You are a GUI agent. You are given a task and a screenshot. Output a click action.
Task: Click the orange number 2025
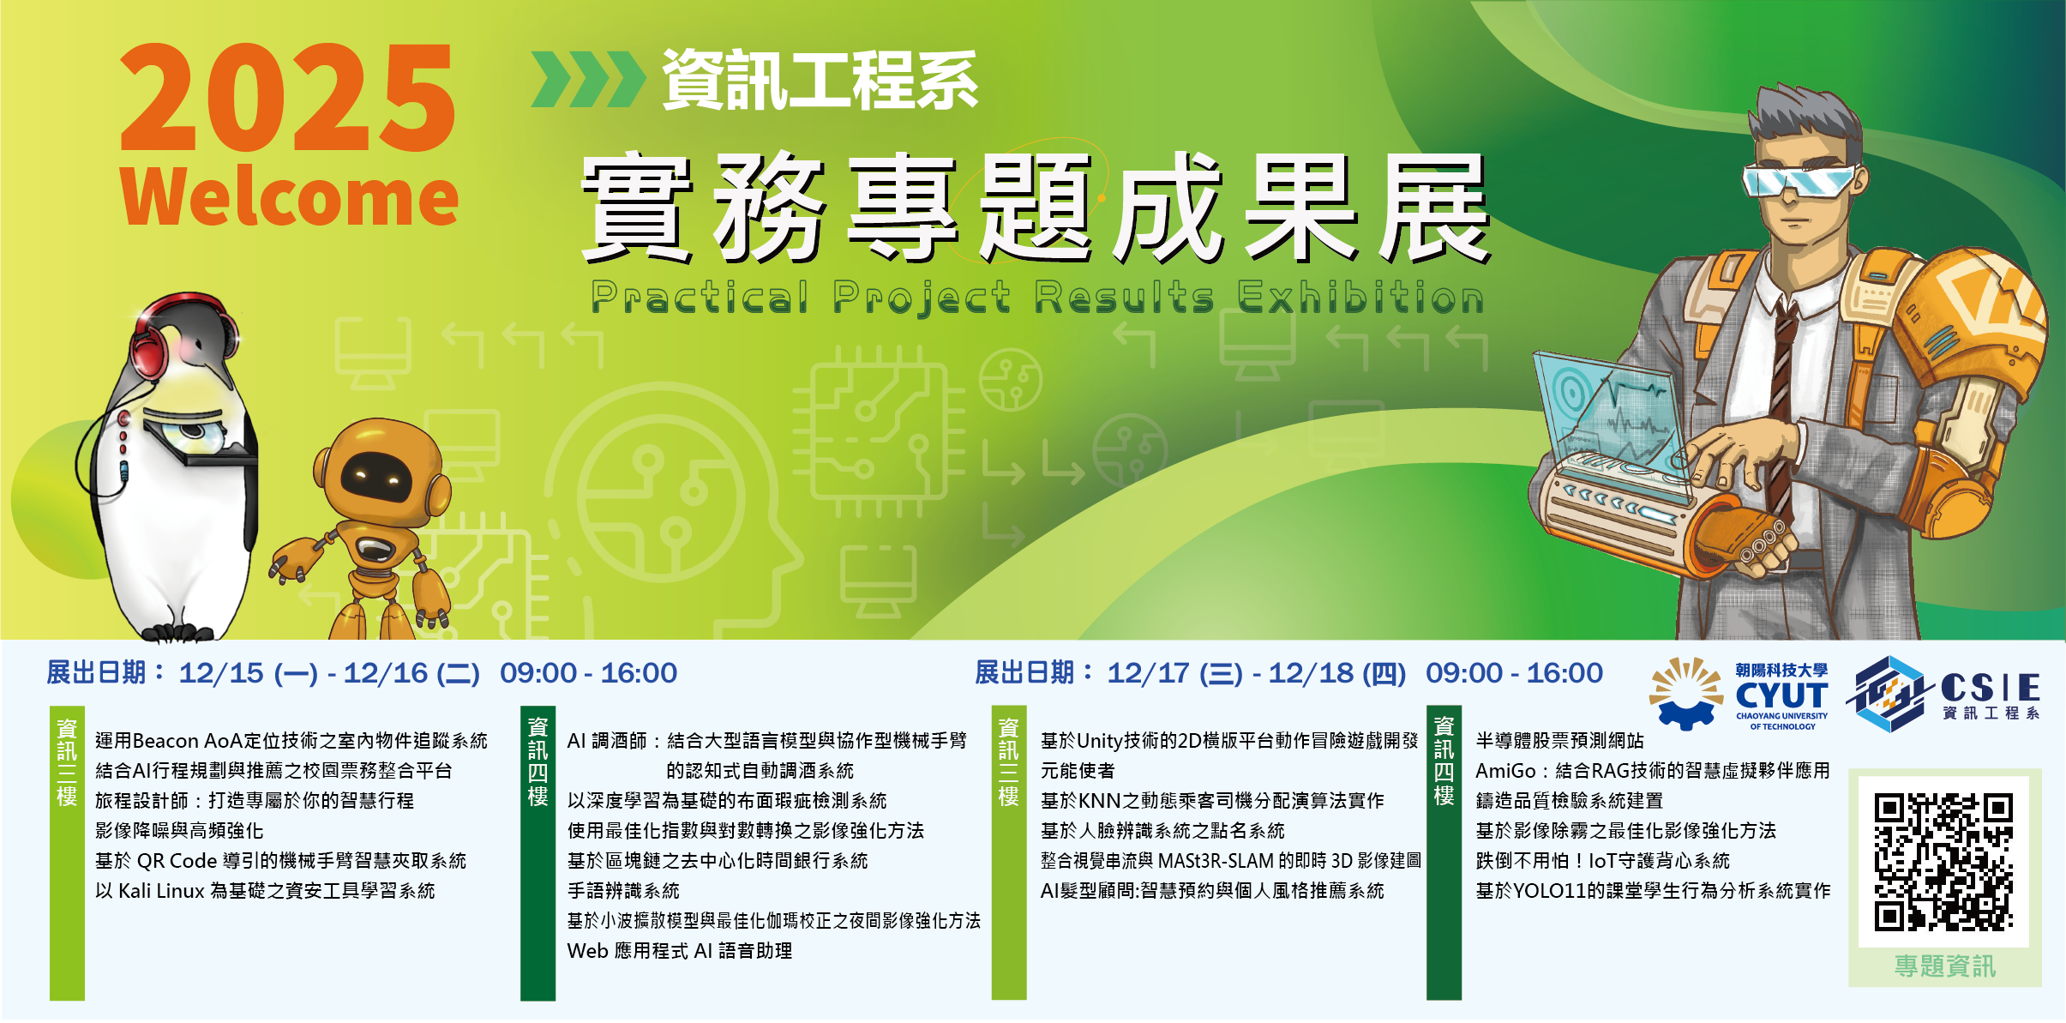tap(288, 98)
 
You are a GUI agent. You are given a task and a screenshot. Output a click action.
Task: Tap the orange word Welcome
tap(290, 196)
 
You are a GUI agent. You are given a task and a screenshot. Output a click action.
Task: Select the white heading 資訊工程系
tap(820, 81)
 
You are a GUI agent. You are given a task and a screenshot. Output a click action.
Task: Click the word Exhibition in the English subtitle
tap(1360, 298)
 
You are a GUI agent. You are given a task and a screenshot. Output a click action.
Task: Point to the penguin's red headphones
tap(184, 330)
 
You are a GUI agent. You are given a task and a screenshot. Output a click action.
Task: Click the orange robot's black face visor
tap(377, 476)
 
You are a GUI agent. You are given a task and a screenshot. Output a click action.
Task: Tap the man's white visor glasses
tap(1800, 180)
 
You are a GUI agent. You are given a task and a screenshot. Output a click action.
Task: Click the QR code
tap(1943, 862)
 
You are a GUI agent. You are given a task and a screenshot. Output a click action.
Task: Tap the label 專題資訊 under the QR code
tap(1945, 966)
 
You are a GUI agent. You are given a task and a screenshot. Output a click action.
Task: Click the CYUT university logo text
tap(1781, 695)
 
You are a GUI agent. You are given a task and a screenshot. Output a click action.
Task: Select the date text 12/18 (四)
tap(1337, 673)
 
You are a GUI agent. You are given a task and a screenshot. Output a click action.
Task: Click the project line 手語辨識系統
tap(623, 891)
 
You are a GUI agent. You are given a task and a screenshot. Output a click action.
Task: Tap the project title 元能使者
tap(1078, 771)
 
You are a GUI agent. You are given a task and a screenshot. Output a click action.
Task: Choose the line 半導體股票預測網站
tap(1560, 741)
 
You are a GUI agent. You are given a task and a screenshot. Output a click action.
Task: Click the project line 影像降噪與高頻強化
tap(179, 831)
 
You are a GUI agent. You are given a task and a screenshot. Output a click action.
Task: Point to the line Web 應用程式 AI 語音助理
tap(680, 951)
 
